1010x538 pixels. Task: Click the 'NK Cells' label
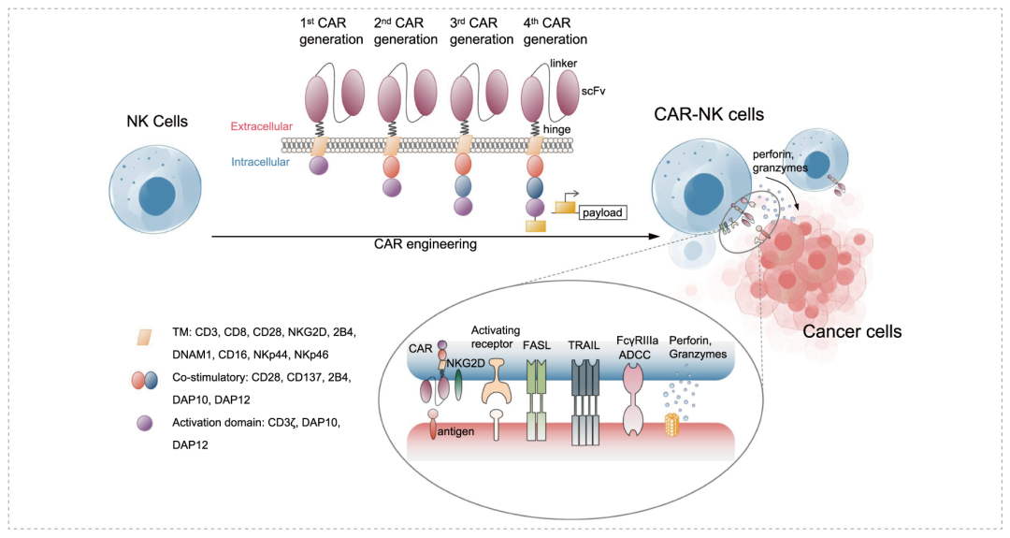[x=157, y=122]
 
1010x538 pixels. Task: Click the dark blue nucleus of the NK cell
[x=157, y=199]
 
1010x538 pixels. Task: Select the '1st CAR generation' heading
[x=331, y=30]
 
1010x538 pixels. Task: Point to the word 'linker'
[x=565, y=63]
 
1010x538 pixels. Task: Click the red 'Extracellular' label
[x=262, y=125]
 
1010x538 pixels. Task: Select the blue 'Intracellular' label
[x=263, y=162]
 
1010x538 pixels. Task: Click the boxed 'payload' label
[x=601, y=212]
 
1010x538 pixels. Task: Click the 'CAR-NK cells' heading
[x=710, y=115]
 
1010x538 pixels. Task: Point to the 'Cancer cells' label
[x=852, y=330]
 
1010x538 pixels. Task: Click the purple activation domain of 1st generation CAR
[x=320, y=166]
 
